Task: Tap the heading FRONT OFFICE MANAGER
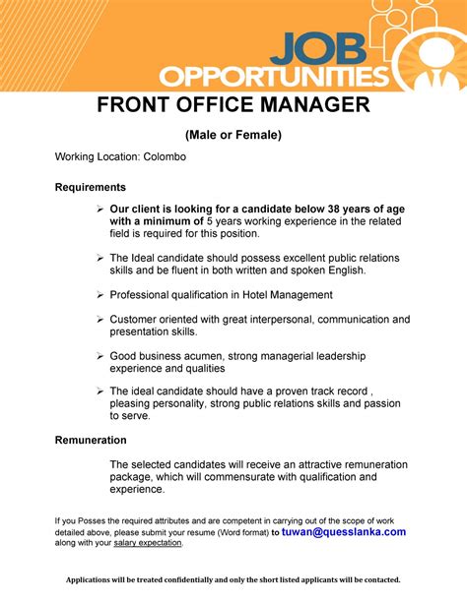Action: point(233,106)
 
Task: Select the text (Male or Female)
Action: point(233,135)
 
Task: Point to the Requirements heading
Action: point(90,187)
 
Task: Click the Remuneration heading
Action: point(91,441)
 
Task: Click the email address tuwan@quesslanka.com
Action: point(344,532)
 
